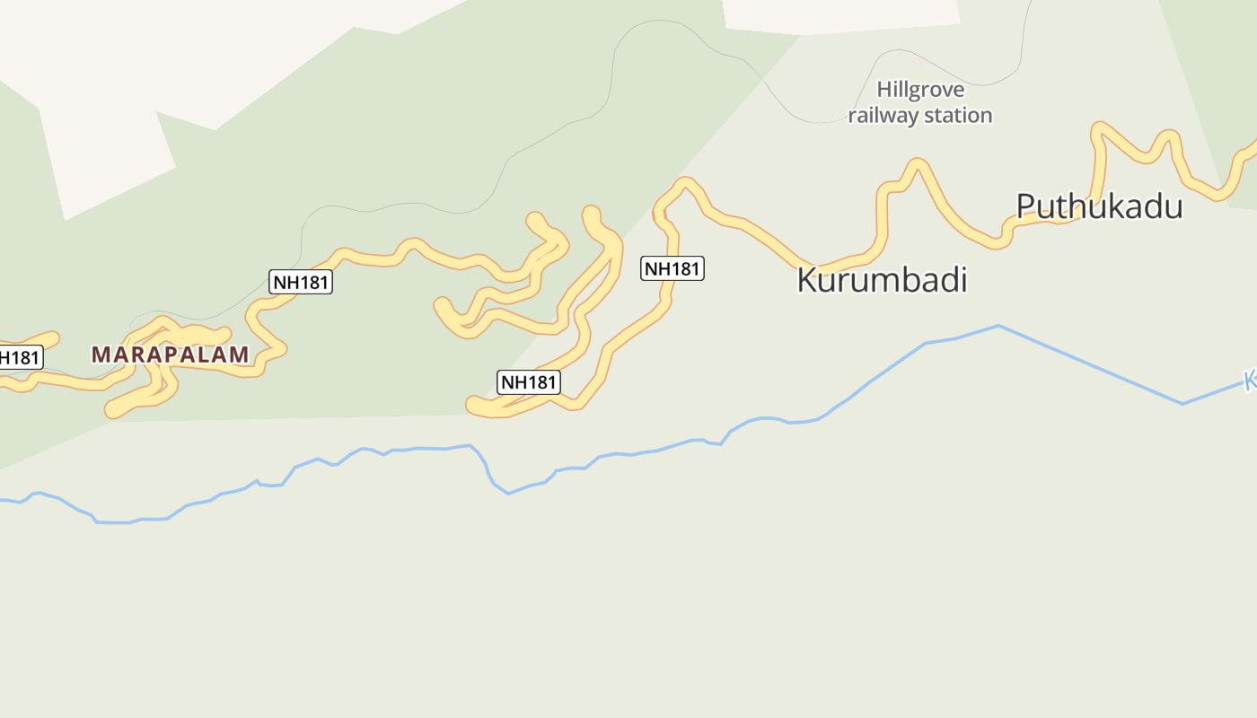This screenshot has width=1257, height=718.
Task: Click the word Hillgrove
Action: (x=920, y=90)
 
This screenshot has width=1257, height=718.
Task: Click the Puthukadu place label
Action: (x=1099, y=206)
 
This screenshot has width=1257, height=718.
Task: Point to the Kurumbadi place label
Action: (x=882, y=280)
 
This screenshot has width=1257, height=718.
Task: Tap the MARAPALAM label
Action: (x=170, y=355)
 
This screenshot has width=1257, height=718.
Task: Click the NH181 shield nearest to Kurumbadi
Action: (x=672, y=268)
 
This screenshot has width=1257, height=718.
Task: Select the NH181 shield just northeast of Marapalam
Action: (x=301, y=282)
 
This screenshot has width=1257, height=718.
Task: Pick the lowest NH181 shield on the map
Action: (x=529, y=382)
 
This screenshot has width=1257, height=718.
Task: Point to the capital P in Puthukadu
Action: (x=1026, y=206)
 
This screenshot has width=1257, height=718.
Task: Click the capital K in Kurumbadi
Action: (x=806, y=280)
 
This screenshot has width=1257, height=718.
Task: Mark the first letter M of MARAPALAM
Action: (x=100, y=355)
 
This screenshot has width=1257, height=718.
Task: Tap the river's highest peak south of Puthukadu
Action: (x=998, y=326)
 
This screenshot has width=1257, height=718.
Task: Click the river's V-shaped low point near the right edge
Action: (x=1182, y=404)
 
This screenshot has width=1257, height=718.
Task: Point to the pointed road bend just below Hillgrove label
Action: (x=917, y=162)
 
